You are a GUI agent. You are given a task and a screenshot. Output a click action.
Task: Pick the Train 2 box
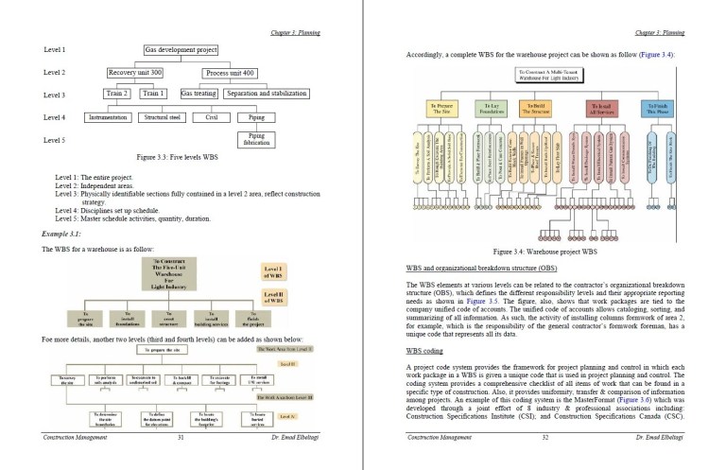(x=118, y=94)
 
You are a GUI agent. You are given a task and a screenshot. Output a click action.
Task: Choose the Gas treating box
(x=199, y=94)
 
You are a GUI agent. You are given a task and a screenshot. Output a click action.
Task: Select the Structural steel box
(x=161, y=117)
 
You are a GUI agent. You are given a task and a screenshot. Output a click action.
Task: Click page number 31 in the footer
(x=180, y=438)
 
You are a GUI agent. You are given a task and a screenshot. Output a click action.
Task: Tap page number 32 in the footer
(x=544, y=438)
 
